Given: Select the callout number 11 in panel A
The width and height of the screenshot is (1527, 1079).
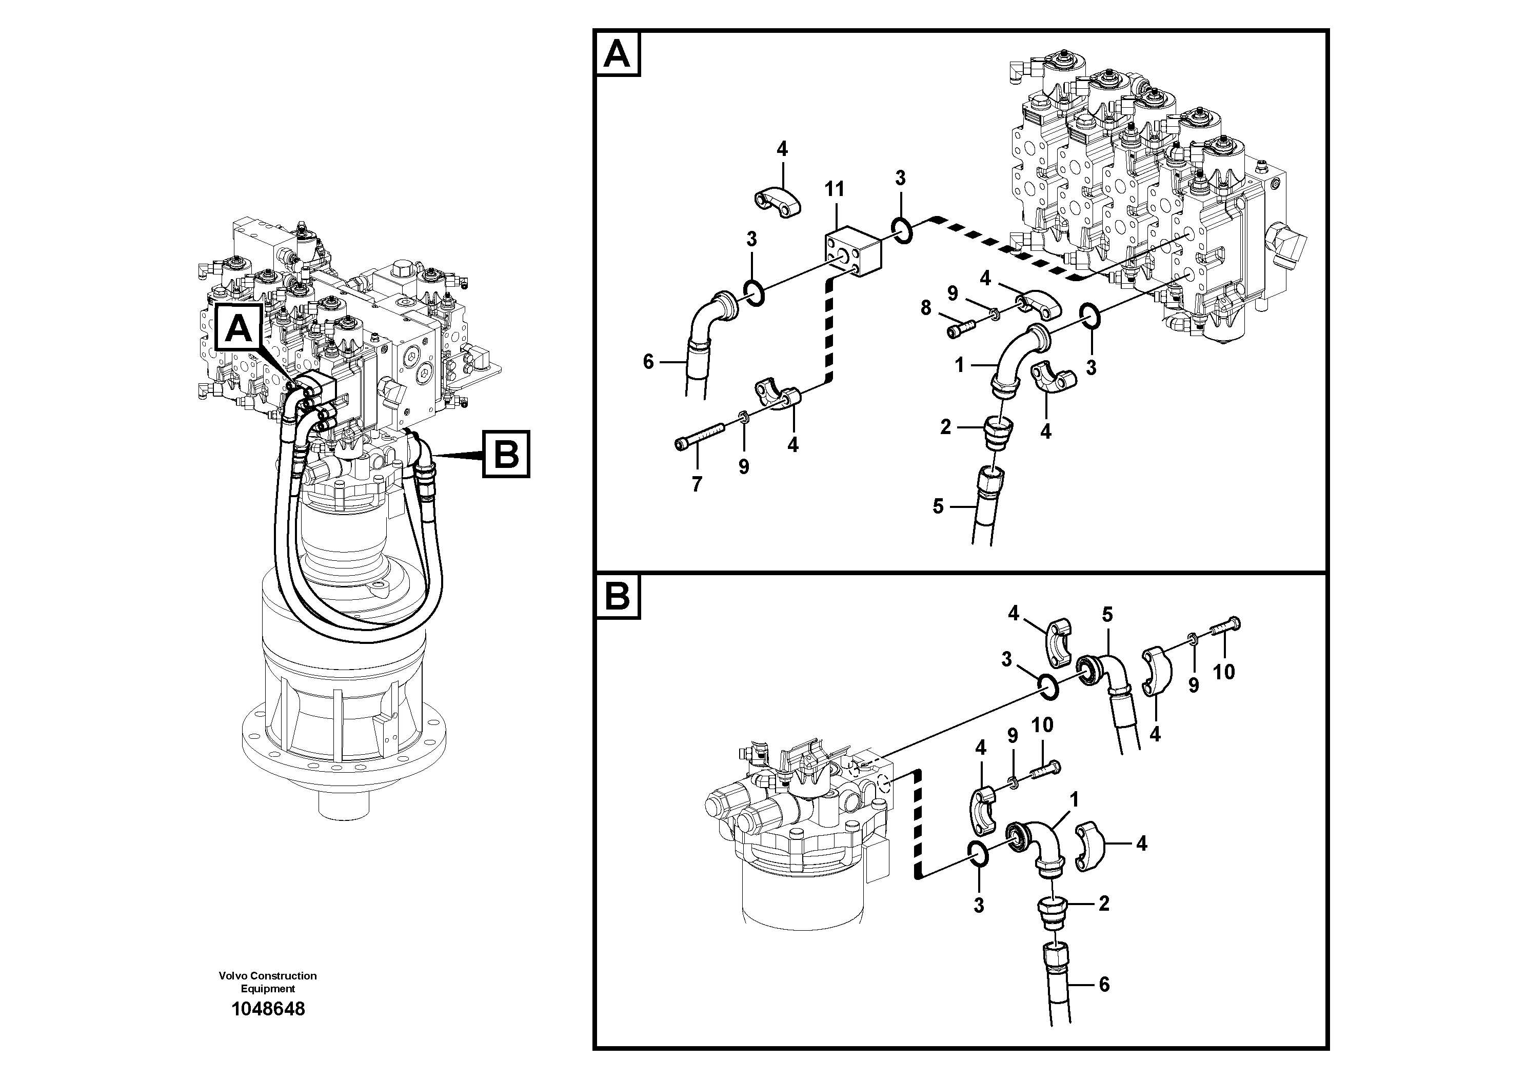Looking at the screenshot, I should click(x=834, y=190).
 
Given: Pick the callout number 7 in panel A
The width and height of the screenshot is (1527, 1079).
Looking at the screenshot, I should click(x=697, y=485).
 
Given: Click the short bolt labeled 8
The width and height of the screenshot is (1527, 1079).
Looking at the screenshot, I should click(x=962, y=328).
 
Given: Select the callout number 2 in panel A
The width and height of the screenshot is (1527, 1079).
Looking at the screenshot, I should click(x=946, y=427).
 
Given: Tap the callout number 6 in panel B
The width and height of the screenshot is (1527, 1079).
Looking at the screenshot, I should click(x=1104, y=984).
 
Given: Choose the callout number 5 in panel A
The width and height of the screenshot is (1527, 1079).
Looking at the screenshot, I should click(x=938, y=507).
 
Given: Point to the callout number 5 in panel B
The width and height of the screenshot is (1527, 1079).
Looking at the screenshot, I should click(x=1107, y=615).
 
